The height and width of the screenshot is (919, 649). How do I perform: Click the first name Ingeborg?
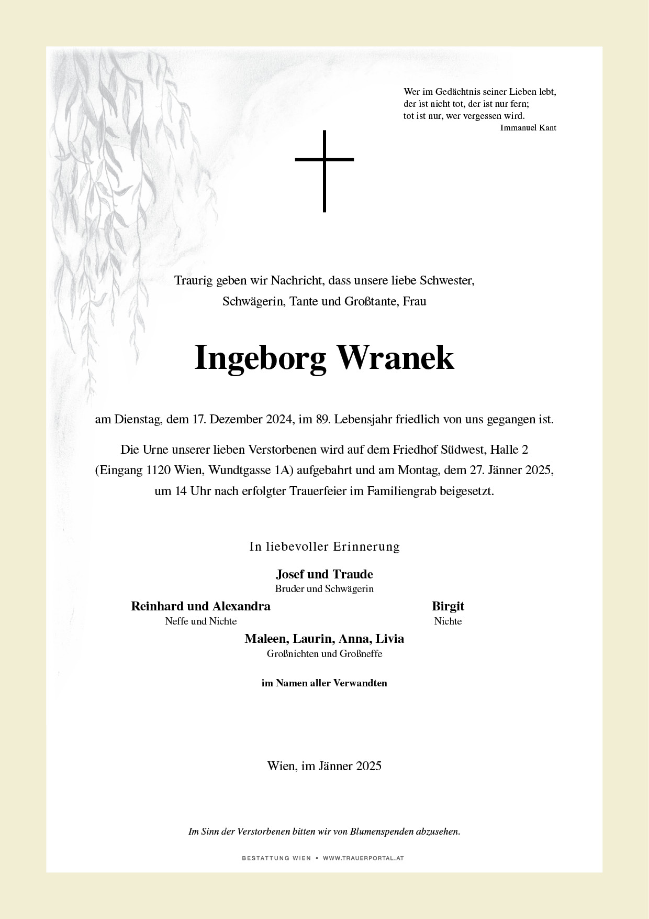click(260, 358)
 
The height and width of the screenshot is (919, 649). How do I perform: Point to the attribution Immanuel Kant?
click(528, 128)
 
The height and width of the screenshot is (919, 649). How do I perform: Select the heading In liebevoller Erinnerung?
click(324, 546)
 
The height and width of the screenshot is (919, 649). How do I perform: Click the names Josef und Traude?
click(324, 574)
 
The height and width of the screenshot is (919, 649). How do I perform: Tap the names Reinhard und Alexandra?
click(200, 606)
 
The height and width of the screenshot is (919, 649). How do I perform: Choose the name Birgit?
click(448, 606)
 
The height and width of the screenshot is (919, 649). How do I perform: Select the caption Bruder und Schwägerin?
click(324, 589)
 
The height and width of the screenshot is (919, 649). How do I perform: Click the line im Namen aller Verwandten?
click(324, 683)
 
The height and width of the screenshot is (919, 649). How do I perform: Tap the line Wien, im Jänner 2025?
click(324, 766)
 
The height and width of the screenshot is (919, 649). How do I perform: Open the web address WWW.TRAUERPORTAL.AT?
click(363, 858)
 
